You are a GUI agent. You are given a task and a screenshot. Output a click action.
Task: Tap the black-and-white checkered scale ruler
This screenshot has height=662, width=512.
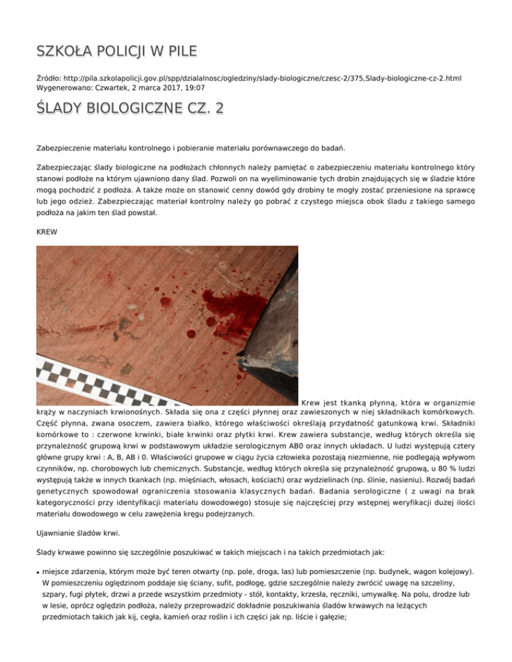click(x=133, y=376)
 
